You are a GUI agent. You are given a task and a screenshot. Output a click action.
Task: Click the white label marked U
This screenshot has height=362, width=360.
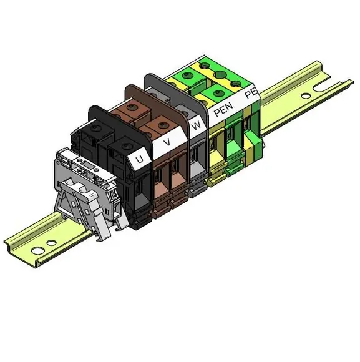(x=139, y=159)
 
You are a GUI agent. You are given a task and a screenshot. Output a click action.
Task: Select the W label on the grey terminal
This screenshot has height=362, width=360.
(x=196, y=126)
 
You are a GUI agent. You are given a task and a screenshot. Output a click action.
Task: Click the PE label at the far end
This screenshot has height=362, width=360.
(x=251, y=93)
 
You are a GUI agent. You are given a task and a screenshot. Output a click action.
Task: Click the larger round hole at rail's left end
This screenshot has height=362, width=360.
(x=38, y=250)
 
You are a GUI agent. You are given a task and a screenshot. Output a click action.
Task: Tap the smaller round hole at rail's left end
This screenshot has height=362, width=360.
(x=51, y=243)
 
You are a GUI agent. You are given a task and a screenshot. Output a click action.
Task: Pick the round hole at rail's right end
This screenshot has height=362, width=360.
(x=305, y=95)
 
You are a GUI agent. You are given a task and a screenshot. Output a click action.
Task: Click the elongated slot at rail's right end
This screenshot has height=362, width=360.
(x=323, y=87)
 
